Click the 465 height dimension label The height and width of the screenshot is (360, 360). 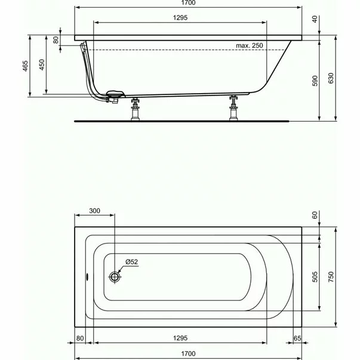tap(25, 66)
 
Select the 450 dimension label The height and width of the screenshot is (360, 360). tap(41, 66)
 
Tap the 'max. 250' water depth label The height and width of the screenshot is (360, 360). tap(249, 45)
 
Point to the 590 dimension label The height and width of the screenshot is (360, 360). tap(315, 82)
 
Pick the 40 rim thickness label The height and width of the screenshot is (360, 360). tap(315, 19)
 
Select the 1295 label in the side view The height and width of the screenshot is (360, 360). tap(179, 19)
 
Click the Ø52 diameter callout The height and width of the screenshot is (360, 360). tap(133, 262)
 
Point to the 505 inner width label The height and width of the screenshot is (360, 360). tap(315, 277)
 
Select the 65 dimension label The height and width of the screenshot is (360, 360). tap(297, 339)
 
